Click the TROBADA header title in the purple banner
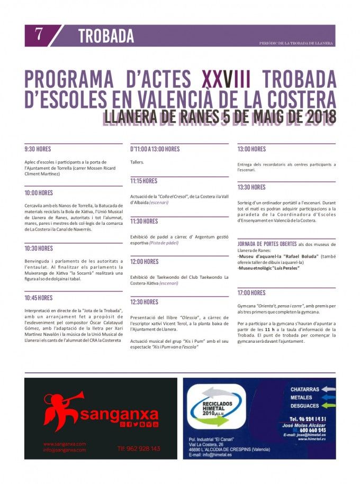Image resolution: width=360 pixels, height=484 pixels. point(106,36)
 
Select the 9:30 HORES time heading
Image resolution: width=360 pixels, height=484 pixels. point(39,149)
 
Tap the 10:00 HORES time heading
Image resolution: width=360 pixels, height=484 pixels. point(39,193)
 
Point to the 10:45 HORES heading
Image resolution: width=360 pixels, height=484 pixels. point(39,298)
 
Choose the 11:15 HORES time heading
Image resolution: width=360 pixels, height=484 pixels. point(144,181)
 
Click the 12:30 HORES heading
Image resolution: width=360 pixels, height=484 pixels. point(144,302)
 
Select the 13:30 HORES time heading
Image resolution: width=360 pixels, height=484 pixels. point(251,187)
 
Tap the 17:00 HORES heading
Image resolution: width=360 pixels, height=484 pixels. point(251,293)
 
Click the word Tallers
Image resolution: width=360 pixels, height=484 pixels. point(137,162)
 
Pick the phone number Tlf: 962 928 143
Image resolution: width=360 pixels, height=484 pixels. point(139,449)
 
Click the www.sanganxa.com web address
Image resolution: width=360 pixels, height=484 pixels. point(65,444)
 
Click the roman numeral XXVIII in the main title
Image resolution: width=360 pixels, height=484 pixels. point(226,80)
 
